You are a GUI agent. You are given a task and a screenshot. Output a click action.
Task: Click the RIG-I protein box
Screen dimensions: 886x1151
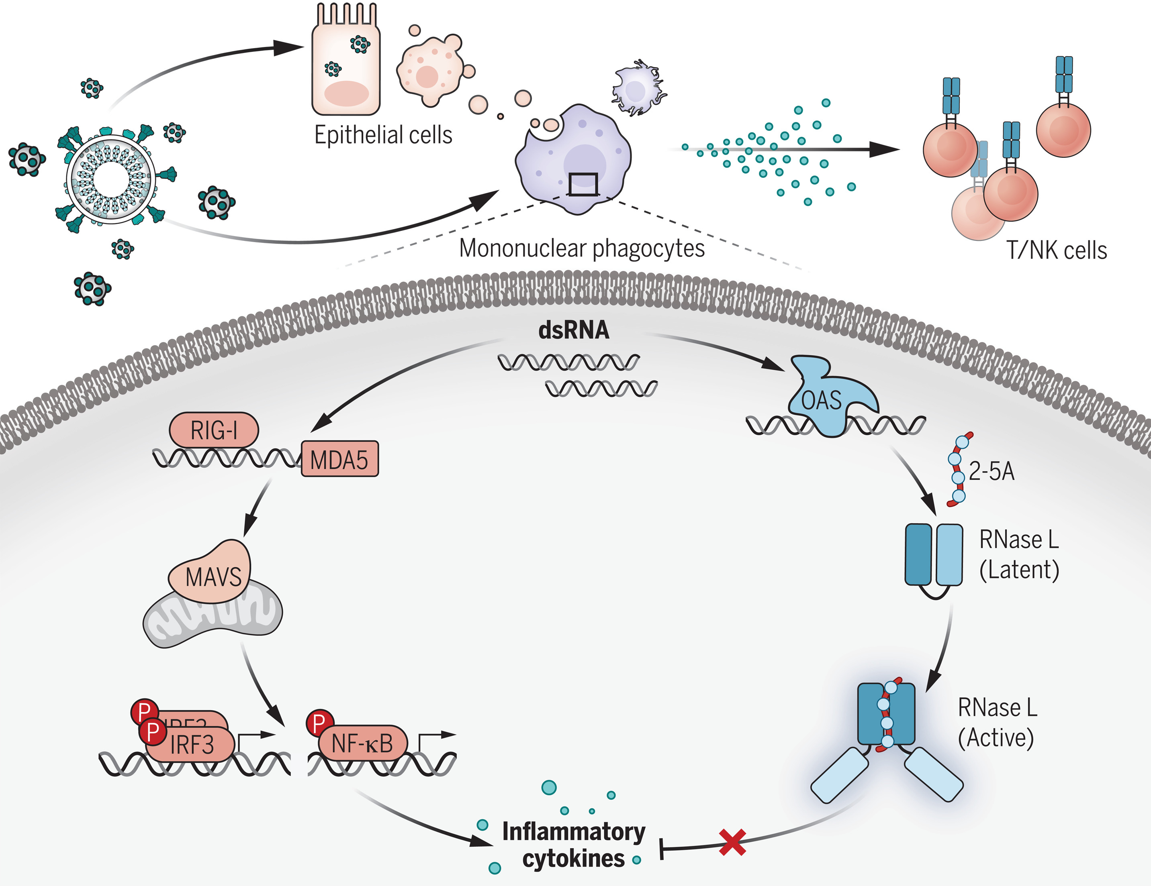click(213, 430)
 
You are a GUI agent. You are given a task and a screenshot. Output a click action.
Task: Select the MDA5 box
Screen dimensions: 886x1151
click(339, 459)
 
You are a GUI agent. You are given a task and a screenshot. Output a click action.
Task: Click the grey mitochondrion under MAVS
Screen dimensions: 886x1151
click(211, 621)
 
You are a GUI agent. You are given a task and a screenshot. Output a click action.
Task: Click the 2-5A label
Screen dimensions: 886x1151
click(991, 471)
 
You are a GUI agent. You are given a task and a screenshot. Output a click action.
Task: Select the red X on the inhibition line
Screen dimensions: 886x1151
click(732, 842)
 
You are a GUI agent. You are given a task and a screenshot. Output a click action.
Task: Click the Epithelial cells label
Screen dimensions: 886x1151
click(383, 135)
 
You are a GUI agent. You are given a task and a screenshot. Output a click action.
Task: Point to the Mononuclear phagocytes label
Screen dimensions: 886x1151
click(581, 248)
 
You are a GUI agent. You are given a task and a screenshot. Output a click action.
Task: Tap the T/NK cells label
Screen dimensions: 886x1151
click(1056, 250)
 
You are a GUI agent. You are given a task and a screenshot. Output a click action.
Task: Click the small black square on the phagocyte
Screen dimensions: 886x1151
click(583, 184)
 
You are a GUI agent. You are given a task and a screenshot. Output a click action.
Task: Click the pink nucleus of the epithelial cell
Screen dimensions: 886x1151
click(346, 94)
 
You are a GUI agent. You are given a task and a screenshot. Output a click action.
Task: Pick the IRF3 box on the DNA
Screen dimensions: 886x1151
click(191, 745)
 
